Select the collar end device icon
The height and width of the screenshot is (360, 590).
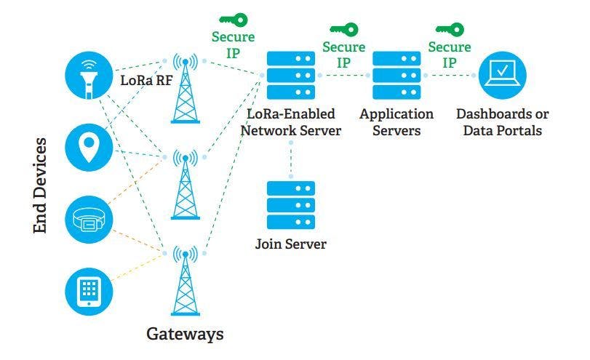pos(89,219)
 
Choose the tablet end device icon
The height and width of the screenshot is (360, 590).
pos(89,291)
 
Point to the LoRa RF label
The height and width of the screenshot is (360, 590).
pos(146,80)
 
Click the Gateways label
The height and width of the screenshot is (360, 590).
pos(185,334)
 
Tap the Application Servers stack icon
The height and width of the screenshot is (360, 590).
pos(396,75)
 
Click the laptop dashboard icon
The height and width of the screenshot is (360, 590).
pos(502,75)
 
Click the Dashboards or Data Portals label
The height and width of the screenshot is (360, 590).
pos(502,122)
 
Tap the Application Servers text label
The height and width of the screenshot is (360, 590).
pos(396,122)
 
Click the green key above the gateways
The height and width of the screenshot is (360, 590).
pos(232,20)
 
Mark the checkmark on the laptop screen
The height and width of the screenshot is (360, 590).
pos(503,71)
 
